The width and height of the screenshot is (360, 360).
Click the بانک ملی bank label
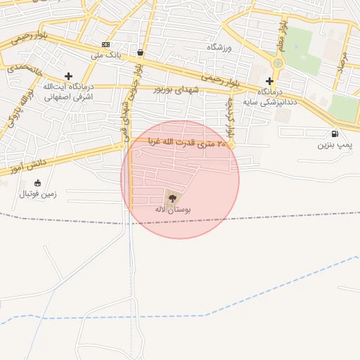(x=108, y=54)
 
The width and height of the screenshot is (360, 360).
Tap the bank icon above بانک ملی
(x=105, y=44)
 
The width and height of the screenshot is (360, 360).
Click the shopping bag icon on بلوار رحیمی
(x=141, y=52)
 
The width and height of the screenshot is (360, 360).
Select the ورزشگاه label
(x=219, y=47)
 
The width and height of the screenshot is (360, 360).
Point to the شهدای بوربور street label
(x=176, y=89)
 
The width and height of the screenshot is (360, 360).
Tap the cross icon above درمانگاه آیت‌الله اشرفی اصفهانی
(x=68, y=76)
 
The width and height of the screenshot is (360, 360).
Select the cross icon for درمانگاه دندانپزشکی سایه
(x=269, y=81)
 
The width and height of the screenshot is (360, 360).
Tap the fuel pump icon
(x=333, y=134)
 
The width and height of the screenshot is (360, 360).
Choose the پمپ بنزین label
(x=334, y=144)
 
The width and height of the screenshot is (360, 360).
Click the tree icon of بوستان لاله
(x=172, y=198)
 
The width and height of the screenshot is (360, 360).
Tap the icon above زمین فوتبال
(x=37, y=183)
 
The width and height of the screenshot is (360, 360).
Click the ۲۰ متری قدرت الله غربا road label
(x=188, y=143)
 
